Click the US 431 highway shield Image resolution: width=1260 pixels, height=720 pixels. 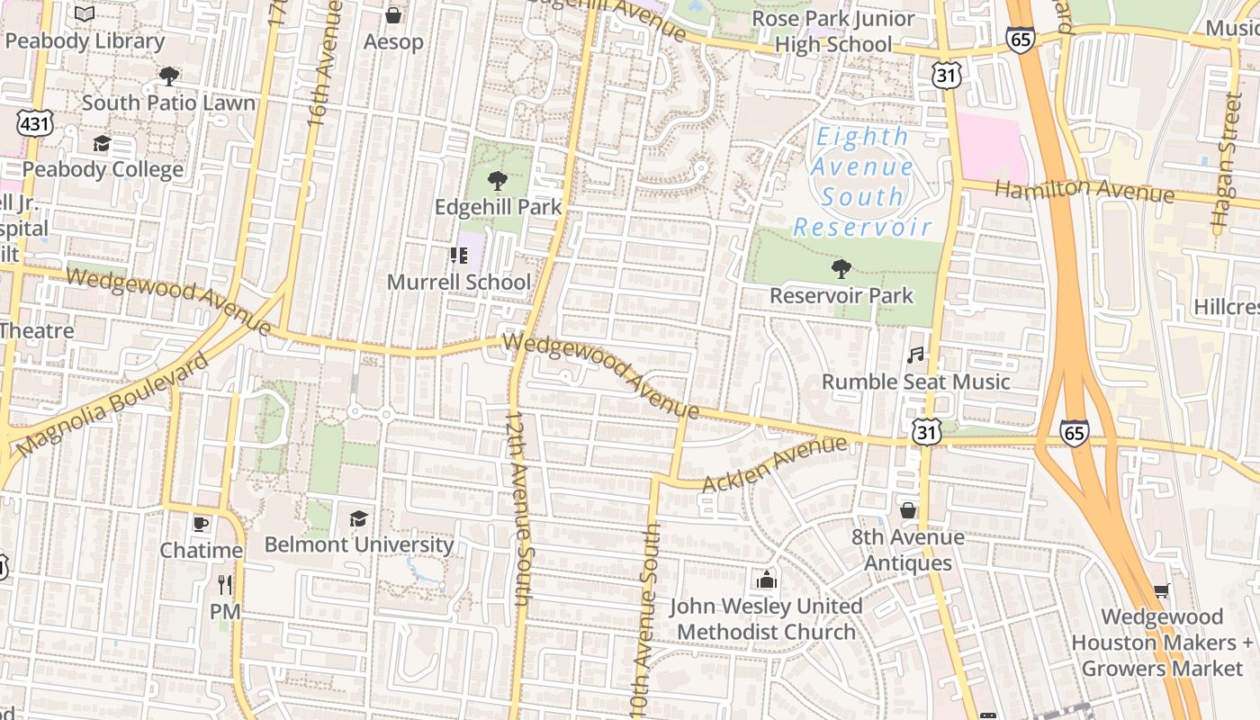pos(33,123)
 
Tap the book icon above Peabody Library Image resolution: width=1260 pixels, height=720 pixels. pos(85,14)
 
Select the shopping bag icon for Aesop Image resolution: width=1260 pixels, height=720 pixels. pos(393,15)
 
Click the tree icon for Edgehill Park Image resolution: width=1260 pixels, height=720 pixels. pos(497,180)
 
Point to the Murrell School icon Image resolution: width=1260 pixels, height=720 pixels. pos(459,256)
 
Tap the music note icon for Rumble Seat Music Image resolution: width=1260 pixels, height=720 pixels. pos(915,355)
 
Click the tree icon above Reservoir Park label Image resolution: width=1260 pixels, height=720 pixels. pos(841,268)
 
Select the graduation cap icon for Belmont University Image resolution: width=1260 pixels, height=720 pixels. pos(358,518)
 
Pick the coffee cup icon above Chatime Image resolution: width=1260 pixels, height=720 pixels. pos(201,523)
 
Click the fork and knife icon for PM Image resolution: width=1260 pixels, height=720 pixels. pos(225,585)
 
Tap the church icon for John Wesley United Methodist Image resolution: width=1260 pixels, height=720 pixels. pos(766,579)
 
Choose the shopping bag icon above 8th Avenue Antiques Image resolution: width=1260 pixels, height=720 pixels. pos(908,510)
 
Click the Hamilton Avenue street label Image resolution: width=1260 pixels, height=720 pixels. pos(1084,189)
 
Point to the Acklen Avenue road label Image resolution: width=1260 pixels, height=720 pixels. pos(774,464)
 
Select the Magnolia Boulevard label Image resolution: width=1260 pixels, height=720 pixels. pos(113,405)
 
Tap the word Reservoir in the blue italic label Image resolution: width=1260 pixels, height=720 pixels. pos(861,227)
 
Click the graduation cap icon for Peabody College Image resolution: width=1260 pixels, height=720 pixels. pos(102,144)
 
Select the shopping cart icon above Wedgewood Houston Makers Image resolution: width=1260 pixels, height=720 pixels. pos(1162,591)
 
